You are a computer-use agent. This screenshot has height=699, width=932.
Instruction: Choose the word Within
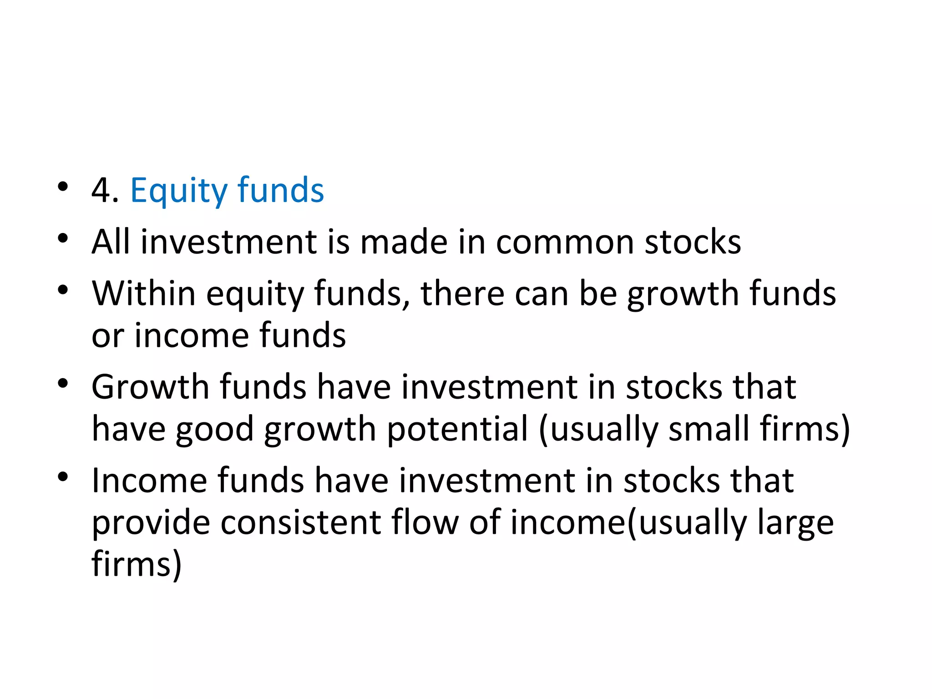(143, 293)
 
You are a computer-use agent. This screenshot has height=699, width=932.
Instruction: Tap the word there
(462, 293)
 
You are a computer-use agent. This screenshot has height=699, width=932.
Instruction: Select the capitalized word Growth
(150, 387)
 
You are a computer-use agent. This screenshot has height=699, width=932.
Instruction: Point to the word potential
(457, 430)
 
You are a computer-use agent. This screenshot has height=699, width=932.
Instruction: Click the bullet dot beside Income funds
(63, 477)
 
